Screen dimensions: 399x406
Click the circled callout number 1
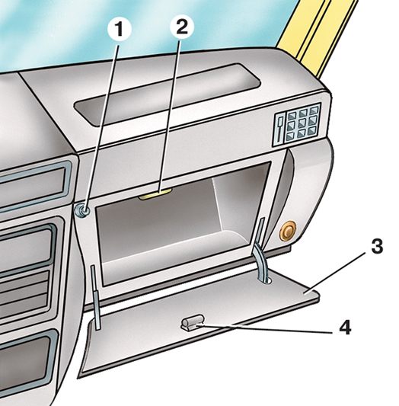pos(120,29)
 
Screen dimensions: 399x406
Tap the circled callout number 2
pos(182,27)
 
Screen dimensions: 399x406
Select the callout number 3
pos(377,246)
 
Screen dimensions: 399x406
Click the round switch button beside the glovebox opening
pos(82,210)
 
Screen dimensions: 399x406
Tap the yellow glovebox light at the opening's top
pos(155,194)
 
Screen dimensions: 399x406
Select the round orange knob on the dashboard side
pos(288,231)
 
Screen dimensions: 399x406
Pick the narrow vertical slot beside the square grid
pos(280,129)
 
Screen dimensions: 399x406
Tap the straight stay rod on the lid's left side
pos(94,297)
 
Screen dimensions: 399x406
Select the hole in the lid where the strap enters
pos(265,280)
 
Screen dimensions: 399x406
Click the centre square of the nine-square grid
pos(302,124)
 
